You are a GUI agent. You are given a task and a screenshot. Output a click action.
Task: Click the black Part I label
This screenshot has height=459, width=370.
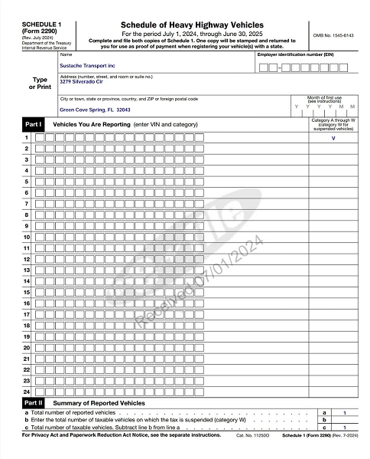pos(33,123)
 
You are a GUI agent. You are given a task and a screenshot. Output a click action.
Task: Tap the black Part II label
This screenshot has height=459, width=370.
pos(33,402)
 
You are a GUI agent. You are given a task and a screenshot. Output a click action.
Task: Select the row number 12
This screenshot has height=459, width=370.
pos(27,259)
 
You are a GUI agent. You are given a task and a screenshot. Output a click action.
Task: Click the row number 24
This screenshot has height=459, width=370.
pos(27,392)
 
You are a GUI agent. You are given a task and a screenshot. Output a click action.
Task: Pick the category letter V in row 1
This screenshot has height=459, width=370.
pos(333,138)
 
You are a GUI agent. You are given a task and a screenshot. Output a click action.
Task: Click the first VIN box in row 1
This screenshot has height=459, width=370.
pos(40,138)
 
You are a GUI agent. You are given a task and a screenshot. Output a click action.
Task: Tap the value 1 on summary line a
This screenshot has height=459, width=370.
pos(346,412)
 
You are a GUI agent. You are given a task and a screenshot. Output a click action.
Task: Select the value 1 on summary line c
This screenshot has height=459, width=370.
pos(346,427)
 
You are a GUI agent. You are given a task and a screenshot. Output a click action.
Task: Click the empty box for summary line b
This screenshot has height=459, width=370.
pos(346,420)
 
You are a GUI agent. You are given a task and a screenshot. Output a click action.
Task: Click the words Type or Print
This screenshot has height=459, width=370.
pos(38,83)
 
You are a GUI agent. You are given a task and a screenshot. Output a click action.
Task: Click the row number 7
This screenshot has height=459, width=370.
pos(27,204)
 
